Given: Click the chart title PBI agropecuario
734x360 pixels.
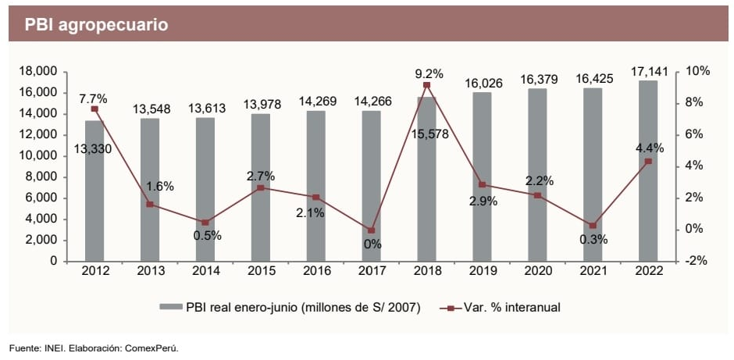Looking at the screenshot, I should (x=96, y=25).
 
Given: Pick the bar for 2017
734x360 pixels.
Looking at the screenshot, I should (x=371, y=187).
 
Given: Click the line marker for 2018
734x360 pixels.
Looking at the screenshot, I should (x=426, y=85).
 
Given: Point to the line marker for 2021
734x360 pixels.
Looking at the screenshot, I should (x=593, y=225).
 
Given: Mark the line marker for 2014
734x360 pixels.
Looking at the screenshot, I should (x=205, y=222).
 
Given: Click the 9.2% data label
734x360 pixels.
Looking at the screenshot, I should (x=429, y=74).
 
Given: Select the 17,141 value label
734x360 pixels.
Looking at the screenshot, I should (x=649, y=72).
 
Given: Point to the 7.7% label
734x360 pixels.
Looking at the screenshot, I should (x=93, y=99).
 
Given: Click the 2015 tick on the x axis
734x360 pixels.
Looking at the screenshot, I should (x=260, y=271).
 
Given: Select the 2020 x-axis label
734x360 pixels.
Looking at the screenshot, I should (x=537, y=271).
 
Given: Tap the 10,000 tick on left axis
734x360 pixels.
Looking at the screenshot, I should (x=36, y=155).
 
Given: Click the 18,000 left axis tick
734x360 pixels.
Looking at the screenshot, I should (x=36, y=71).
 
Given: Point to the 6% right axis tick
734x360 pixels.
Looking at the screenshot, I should (x=695, y=134).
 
